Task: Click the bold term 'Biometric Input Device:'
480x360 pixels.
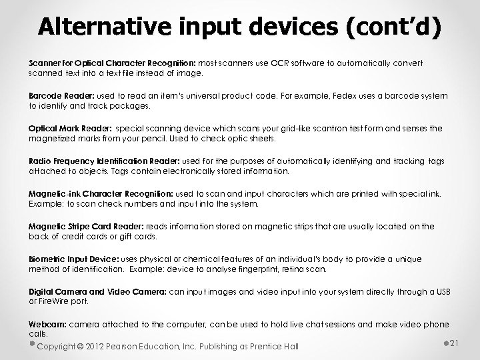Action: (71, 259)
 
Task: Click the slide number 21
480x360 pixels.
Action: (456, 343)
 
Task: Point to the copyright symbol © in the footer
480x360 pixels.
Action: (81, 346)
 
